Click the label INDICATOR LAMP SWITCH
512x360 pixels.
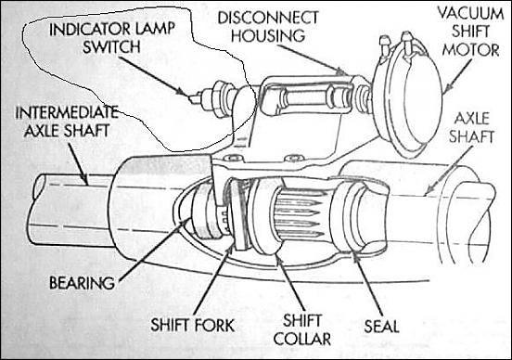112,38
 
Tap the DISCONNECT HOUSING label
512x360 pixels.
268,27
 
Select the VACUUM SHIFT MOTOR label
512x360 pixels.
470,32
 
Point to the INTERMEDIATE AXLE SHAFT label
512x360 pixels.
67,122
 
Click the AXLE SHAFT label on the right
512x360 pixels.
471,127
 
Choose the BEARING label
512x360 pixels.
82,283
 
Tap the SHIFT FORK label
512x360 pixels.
193,325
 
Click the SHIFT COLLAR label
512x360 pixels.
302,330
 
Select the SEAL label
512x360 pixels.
382,326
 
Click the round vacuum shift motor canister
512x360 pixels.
408,99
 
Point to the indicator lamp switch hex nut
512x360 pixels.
219,96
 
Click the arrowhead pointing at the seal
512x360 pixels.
355,256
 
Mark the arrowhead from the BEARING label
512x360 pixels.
185,224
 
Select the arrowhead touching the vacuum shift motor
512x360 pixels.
447,87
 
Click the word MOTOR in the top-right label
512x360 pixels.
470,50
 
